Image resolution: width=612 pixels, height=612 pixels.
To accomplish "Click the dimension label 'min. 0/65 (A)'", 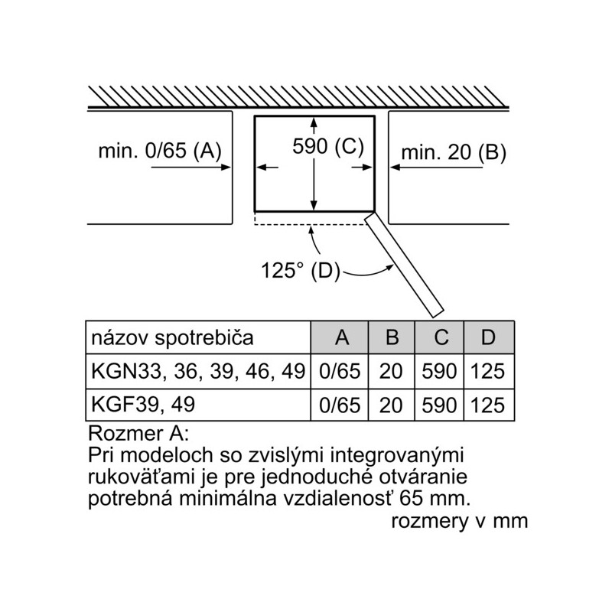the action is click(x=160, y=150).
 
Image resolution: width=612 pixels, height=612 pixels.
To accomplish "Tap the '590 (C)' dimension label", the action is click(x=328, y=146).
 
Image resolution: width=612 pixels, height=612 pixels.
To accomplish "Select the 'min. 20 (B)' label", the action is click(x=454, y=151).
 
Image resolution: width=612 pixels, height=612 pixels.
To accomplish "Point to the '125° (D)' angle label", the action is click(x=300, y=270).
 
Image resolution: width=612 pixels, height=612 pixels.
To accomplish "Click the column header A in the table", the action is click(x=341, y=337).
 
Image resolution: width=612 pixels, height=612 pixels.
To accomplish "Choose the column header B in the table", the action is click(x=392, y=337).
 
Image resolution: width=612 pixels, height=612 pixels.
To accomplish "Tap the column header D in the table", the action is click(x=488, y=337).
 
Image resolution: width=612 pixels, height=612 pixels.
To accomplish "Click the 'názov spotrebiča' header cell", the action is click(x=172, y=338).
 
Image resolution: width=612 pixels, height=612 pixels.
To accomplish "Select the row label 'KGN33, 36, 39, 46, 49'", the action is click(x=198, y=371).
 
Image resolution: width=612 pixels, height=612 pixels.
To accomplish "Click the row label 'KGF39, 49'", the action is click(x=143, y=405).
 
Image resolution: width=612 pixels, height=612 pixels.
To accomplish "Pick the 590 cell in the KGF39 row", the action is click(x=439, y=405).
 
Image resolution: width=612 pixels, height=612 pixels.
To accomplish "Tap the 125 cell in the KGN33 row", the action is click(x=488, y=371).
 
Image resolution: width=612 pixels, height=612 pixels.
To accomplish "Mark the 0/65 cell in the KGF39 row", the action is click(x=340, y=405).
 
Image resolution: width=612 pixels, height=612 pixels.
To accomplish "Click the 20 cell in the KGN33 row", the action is click(x=391, y=371).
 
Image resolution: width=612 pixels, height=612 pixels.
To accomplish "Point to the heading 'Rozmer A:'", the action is click(x=138, y=433).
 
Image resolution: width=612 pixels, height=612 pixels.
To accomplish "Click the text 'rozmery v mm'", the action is click(x=460, y=521).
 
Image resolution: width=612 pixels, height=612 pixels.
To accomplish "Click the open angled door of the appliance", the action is click(x=405, y=265).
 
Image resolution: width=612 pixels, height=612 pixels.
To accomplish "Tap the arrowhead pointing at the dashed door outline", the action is click(x=311, y=230).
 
